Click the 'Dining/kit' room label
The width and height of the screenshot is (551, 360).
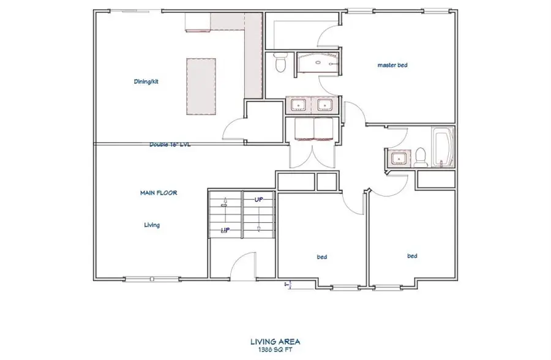pos(146,81)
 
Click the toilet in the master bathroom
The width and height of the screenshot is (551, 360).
pos(280,63)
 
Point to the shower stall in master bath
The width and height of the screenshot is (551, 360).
pos(318,64)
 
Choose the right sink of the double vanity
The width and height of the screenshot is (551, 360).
pos(322,105)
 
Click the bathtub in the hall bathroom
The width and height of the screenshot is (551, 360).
pos(442,148)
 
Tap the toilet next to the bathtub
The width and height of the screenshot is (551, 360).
pos(420,157)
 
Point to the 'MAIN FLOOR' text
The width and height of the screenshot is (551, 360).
pos(159,192)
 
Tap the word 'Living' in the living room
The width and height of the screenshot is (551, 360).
pos(152,225)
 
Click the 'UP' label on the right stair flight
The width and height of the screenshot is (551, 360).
pos(259,199)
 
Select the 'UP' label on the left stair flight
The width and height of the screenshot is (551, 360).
pos(225,230)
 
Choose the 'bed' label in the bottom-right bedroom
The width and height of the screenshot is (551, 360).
pos(412,256)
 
